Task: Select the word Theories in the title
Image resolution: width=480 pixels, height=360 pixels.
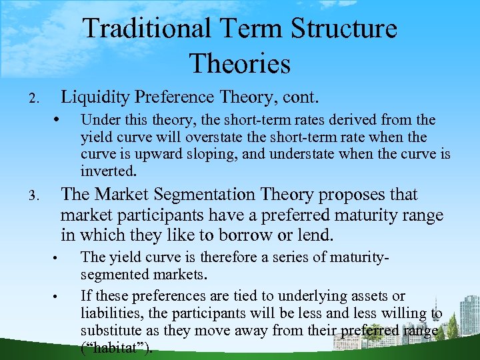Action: point(239,63)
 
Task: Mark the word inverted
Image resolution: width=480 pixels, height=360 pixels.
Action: point(109,171)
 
